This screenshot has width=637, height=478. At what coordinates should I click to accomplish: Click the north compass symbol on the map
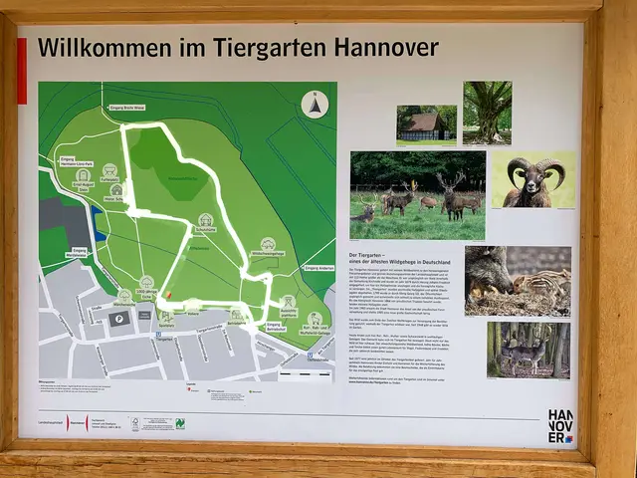pyautogui.click(x=315, y=104)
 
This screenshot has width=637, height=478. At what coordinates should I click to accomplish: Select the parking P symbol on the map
pyautogui.click(x=119, y=319)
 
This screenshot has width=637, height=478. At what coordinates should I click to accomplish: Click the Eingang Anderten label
pyautogui.click(x=317, y=268)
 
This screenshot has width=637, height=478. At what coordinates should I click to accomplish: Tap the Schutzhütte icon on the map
pyautogui.click(x=205, y=221)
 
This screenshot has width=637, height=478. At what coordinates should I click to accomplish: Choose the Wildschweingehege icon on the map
pyautogui.click(x=267, y=245)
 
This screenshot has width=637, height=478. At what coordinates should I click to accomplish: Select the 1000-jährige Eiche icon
pyautogui.click(x=146, y=284)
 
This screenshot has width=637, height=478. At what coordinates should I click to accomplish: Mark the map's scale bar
pyautogui.click(x=306, y=374)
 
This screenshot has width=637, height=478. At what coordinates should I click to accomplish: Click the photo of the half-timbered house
pyautogui.click(x=426, y=124)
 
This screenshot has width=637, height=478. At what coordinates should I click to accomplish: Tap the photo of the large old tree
pyautogui.click(x=487, y=113)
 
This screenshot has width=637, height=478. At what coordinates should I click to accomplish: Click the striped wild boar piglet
pyautogui.click(x=542, y=284)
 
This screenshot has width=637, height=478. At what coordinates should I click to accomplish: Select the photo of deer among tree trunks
pyautogui.click(x=529, y=351)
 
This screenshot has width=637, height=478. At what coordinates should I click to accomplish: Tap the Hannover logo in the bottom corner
pyautogui.click(x=560, y=424)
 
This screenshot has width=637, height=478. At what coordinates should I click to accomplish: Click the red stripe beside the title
pyautogui.click(x=22, y=71)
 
